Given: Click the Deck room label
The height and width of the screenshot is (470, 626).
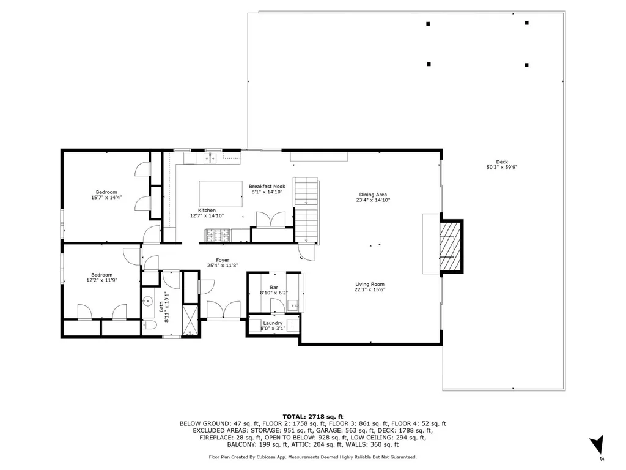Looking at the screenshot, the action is (x=502, y=162).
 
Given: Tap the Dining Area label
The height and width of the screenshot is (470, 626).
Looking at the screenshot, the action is (x=373, y=195).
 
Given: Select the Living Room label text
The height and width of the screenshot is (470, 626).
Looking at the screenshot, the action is (x=370, y=285).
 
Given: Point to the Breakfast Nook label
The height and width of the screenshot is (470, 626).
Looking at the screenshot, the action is (x=267, y=186).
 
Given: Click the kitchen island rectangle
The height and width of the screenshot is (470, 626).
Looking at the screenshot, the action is (x=221, y=194).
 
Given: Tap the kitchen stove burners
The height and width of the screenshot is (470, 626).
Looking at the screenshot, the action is (x=218, y=235).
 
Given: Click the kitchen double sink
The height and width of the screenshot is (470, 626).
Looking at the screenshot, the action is (x=210, y=159).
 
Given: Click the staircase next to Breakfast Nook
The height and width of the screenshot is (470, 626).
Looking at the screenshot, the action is (x=306, y=211).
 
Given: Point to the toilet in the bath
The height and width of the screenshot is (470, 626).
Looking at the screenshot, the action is (x=150, y=324).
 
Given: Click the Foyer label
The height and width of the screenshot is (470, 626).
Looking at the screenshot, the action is (x=223, y=260).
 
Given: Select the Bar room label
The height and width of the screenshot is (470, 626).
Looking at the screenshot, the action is (x=274, y=288).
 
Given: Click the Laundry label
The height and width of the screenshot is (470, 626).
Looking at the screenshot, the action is (x=273, y=323).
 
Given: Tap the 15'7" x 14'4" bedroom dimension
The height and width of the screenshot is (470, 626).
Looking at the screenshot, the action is (x=106, y=198).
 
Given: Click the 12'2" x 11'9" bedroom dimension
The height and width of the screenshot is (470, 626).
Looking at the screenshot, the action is (x=102, y=280).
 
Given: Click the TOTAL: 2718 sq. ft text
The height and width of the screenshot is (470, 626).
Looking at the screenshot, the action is (x=313, y=416).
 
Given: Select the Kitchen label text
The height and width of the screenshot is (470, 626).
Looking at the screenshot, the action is (x=207, y=211).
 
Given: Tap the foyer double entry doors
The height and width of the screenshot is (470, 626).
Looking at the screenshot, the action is (x=224, y=310).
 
